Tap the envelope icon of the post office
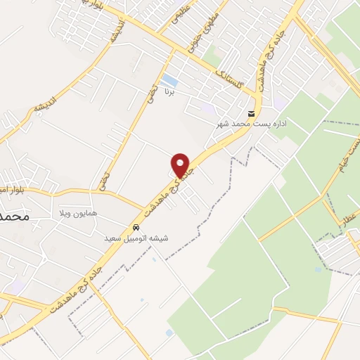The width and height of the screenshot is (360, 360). (251, 114)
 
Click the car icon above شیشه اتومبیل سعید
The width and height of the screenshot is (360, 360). (135, 228)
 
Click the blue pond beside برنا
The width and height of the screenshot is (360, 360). (169, 79)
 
